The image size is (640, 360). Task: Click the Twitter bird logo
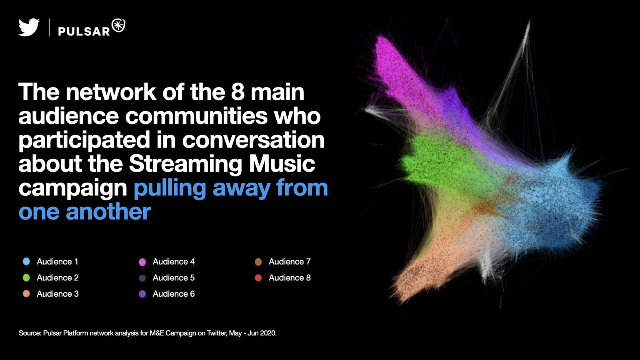tap(29, 27)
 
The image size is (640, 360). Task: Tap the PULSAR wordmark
tap(84, 31)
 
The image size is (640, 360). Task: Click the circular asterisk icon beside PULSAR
tap(118, 26)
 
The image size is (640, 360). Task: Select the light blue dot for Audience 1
tap(26, 262)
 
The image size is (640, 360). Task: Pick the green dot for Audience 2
tap(26, 278)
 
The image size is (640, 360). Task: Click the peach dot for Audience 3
tap(26, 294)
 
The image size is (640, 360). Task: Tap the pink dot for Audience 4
tap(142, 262)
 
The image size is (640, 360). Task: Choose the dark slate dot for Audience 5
tap(142, 278)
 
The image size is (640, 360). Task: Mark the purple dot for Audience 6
tap(142, 294)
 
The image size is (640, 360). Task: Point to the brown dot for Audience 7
tap(258, 262)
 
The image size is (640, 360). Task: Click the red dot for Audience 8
tap(258, 278)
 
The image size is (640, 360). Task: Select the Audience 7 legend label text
tap(290, 262)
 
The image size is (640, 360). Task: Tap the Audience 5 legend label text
tap(173, 278)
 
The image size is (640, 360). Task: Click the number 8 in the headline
tap(238, 92)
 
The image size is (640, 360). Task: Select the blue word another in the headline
tap(108, 211)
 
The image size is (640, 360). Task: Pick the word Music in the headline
tap(282, 164)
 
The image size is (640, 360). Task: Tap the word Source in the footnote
tap(30, 333)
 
